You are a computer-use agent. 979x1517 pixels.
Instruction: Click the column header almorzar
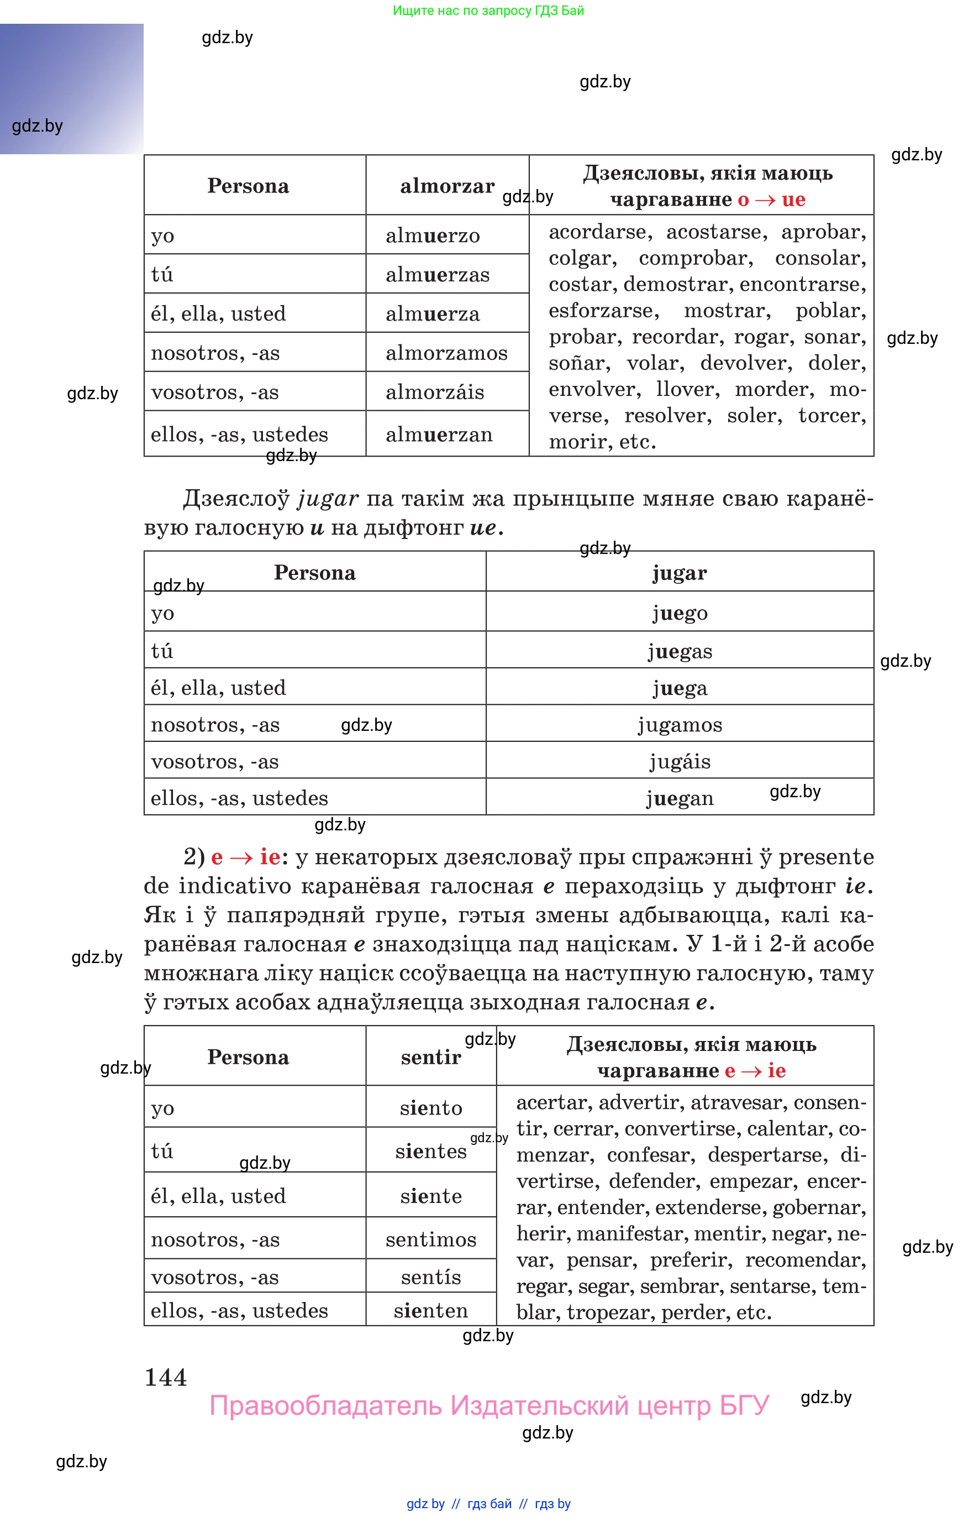point(447,186)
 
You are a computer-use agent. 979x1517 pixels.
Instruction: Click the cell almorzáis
point(435,392)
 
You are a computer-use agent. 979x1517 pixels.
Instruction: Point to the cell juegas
point(679,651)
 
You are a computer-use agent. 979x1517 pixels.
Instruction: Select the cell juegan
point(679,798)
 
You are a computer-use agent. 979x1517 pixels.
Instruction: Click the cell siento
point(430,1107)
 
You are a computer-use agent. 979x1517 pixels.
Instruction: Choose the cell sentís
point(430,1277)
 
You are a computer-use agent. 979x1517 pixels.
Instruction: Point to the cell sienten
point(430,1310)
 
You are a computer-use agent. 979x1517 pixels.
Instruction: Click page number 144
point(165,1377)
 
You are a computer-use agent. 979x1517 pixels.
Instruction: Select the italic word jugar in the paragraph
point(328,498)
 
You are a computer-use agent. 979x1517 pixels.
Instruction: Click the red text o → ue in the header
point(771,200)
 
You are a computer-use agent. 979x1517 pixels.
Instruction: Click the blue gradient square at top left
point(71,89)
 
